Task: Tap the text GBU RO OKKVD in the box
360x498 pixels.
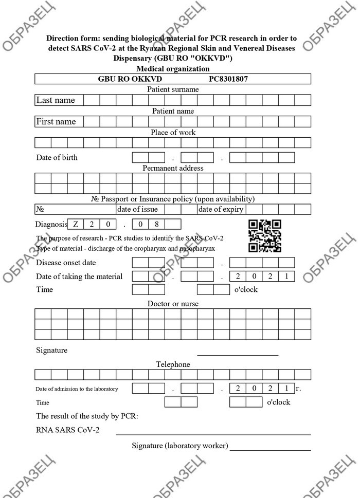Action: click(130, 79)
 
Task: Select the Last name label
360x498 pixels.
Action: click(56, 100)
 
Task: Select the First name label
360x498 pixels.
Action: click(56, 122)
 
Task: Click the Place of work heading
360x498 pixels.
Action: click(173, 133)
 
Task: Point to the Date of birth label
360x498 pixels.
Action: click(57, 157)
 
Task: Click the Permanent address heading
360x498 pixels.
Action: click(173, 168)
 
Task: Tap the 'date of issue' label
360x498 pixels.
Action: click(137, 209)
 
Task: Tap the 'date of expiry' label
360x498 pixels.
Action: click(221, 209)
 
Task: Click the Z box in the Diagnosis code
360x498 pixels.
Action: click(76, 224)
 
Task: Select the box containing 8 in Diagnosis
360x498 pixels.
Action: click(157, 224)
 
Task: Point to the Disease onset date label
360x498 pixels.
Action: click(66, 263)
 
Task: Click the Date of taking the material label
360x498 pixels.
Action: click(79, 276)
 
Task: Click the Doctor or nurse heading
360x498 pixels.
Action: click(173, 304)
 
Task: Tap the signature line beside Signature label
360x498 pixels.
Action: click(238, 355)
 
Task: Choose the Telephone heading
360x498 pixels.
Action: click(173, 364)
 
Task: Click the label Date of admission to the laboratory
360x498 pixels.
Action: click(77, 389)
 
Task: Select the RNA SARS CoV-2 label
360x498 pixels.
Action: click(68, 430)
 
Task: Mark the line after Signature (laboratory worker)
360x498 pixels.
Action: click(271, 450)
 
